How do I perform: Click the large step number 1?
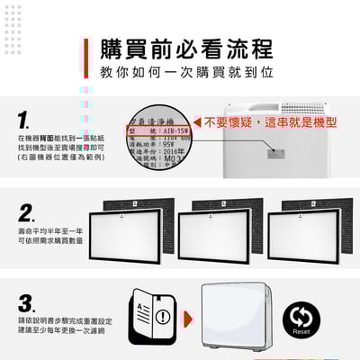tap(24, 120)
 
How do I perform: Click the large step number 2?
tap(27, 213)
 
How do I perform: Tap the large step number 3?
tap(27, 301)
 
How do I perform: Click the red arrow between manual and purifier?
tap(187, 318)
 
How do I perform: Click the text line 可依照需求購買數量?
tap(49, 242)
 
